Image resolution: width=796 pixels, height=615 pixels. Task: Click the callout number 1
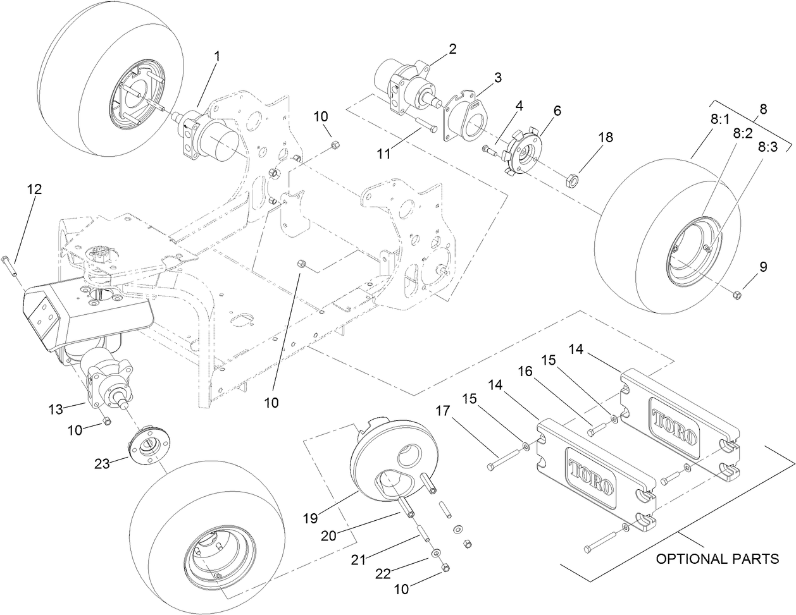(217, 56)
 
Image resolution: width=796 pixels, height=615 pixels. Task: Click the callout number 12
(34, 189)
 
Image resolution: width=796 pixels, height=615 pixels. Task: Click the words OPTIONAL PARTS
(717, 559)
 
